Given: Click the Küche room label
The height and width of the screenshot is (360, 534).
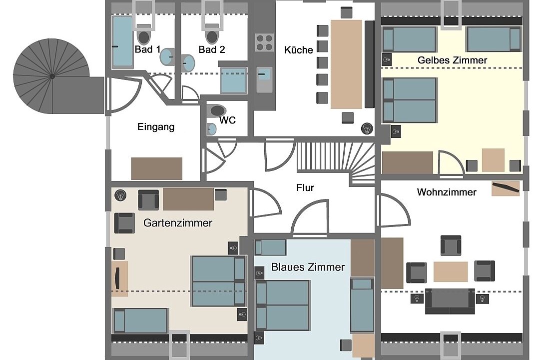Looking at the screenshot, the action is [298, 50].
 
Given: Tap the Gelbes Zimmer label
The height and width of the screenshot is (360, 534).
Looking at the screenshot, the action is [452, 60].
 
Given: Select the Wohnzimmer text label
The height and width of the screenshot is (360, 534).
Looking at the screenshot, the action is [446, 192].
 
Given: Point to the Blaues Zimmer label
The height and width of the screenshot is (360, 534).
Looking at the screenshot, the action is [308, 267].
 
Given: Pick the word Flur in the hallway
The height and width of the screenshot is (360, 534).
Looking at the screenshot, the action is [305, 187].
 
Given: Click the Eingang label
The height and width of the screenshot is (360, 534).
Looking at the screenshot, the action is [156, 127].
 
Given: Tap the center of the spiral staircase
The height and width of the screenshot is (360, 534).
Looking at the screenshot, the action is [52, 76].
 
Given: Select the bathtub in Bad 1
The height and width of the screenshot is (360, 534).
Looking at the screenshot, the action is [122, 41].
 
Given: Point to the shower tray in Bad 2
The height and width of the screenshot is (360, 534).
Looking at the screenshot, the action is [233, 80].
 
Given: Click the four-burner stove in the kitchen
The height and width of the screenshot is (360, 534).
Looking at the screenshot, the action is [264, 42].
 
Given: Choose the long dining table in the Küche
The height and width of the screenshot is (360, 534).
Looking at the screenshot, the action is [346, 64].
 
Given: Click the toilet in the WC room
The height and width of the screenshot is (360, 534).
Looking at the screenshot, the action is [218, 110].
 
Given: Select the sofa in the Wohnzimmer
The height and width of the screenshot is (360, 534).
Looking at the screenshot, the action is [450, 301].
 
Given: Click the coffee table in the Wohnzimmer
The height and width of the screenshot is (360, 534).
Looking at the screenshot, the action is [450, 271].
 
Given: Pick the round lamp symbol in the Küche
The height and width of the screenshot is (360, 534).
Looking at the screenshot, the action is [367, 128].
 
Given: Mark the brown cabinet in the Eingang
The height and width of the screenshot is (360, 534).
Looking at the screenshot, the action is [157, 168].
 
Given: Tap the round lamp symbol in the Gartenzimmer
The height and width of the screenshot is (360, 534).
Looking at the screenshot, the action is [120, 195].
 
